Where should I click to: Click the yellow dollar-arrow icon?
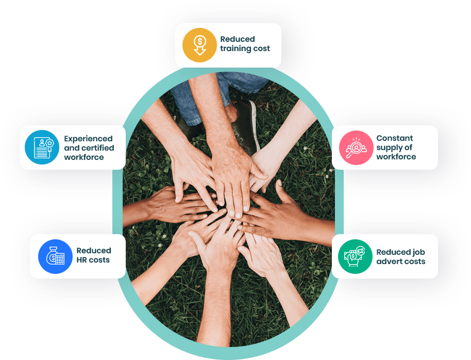(199, 45)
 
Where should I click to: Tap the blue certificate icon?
(42, 147)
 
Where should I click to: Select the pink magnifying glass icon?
(356, 148)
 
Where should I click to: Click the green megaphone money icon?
(356, 256)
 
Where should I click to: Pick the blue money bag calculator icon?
(55, 256)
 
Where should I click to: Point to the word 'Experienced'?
(88, 139)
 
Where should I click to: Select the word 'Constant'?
(395, 138)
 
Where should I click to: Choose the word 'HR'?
(81, 260)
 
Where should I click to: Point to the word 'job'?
(419, 253)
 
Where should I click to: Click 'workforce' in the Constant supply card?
(396, 157)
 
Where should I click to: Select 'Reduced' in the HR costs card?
(94, 251)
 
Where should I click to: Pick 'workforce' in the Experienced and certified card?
(84, 157)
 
